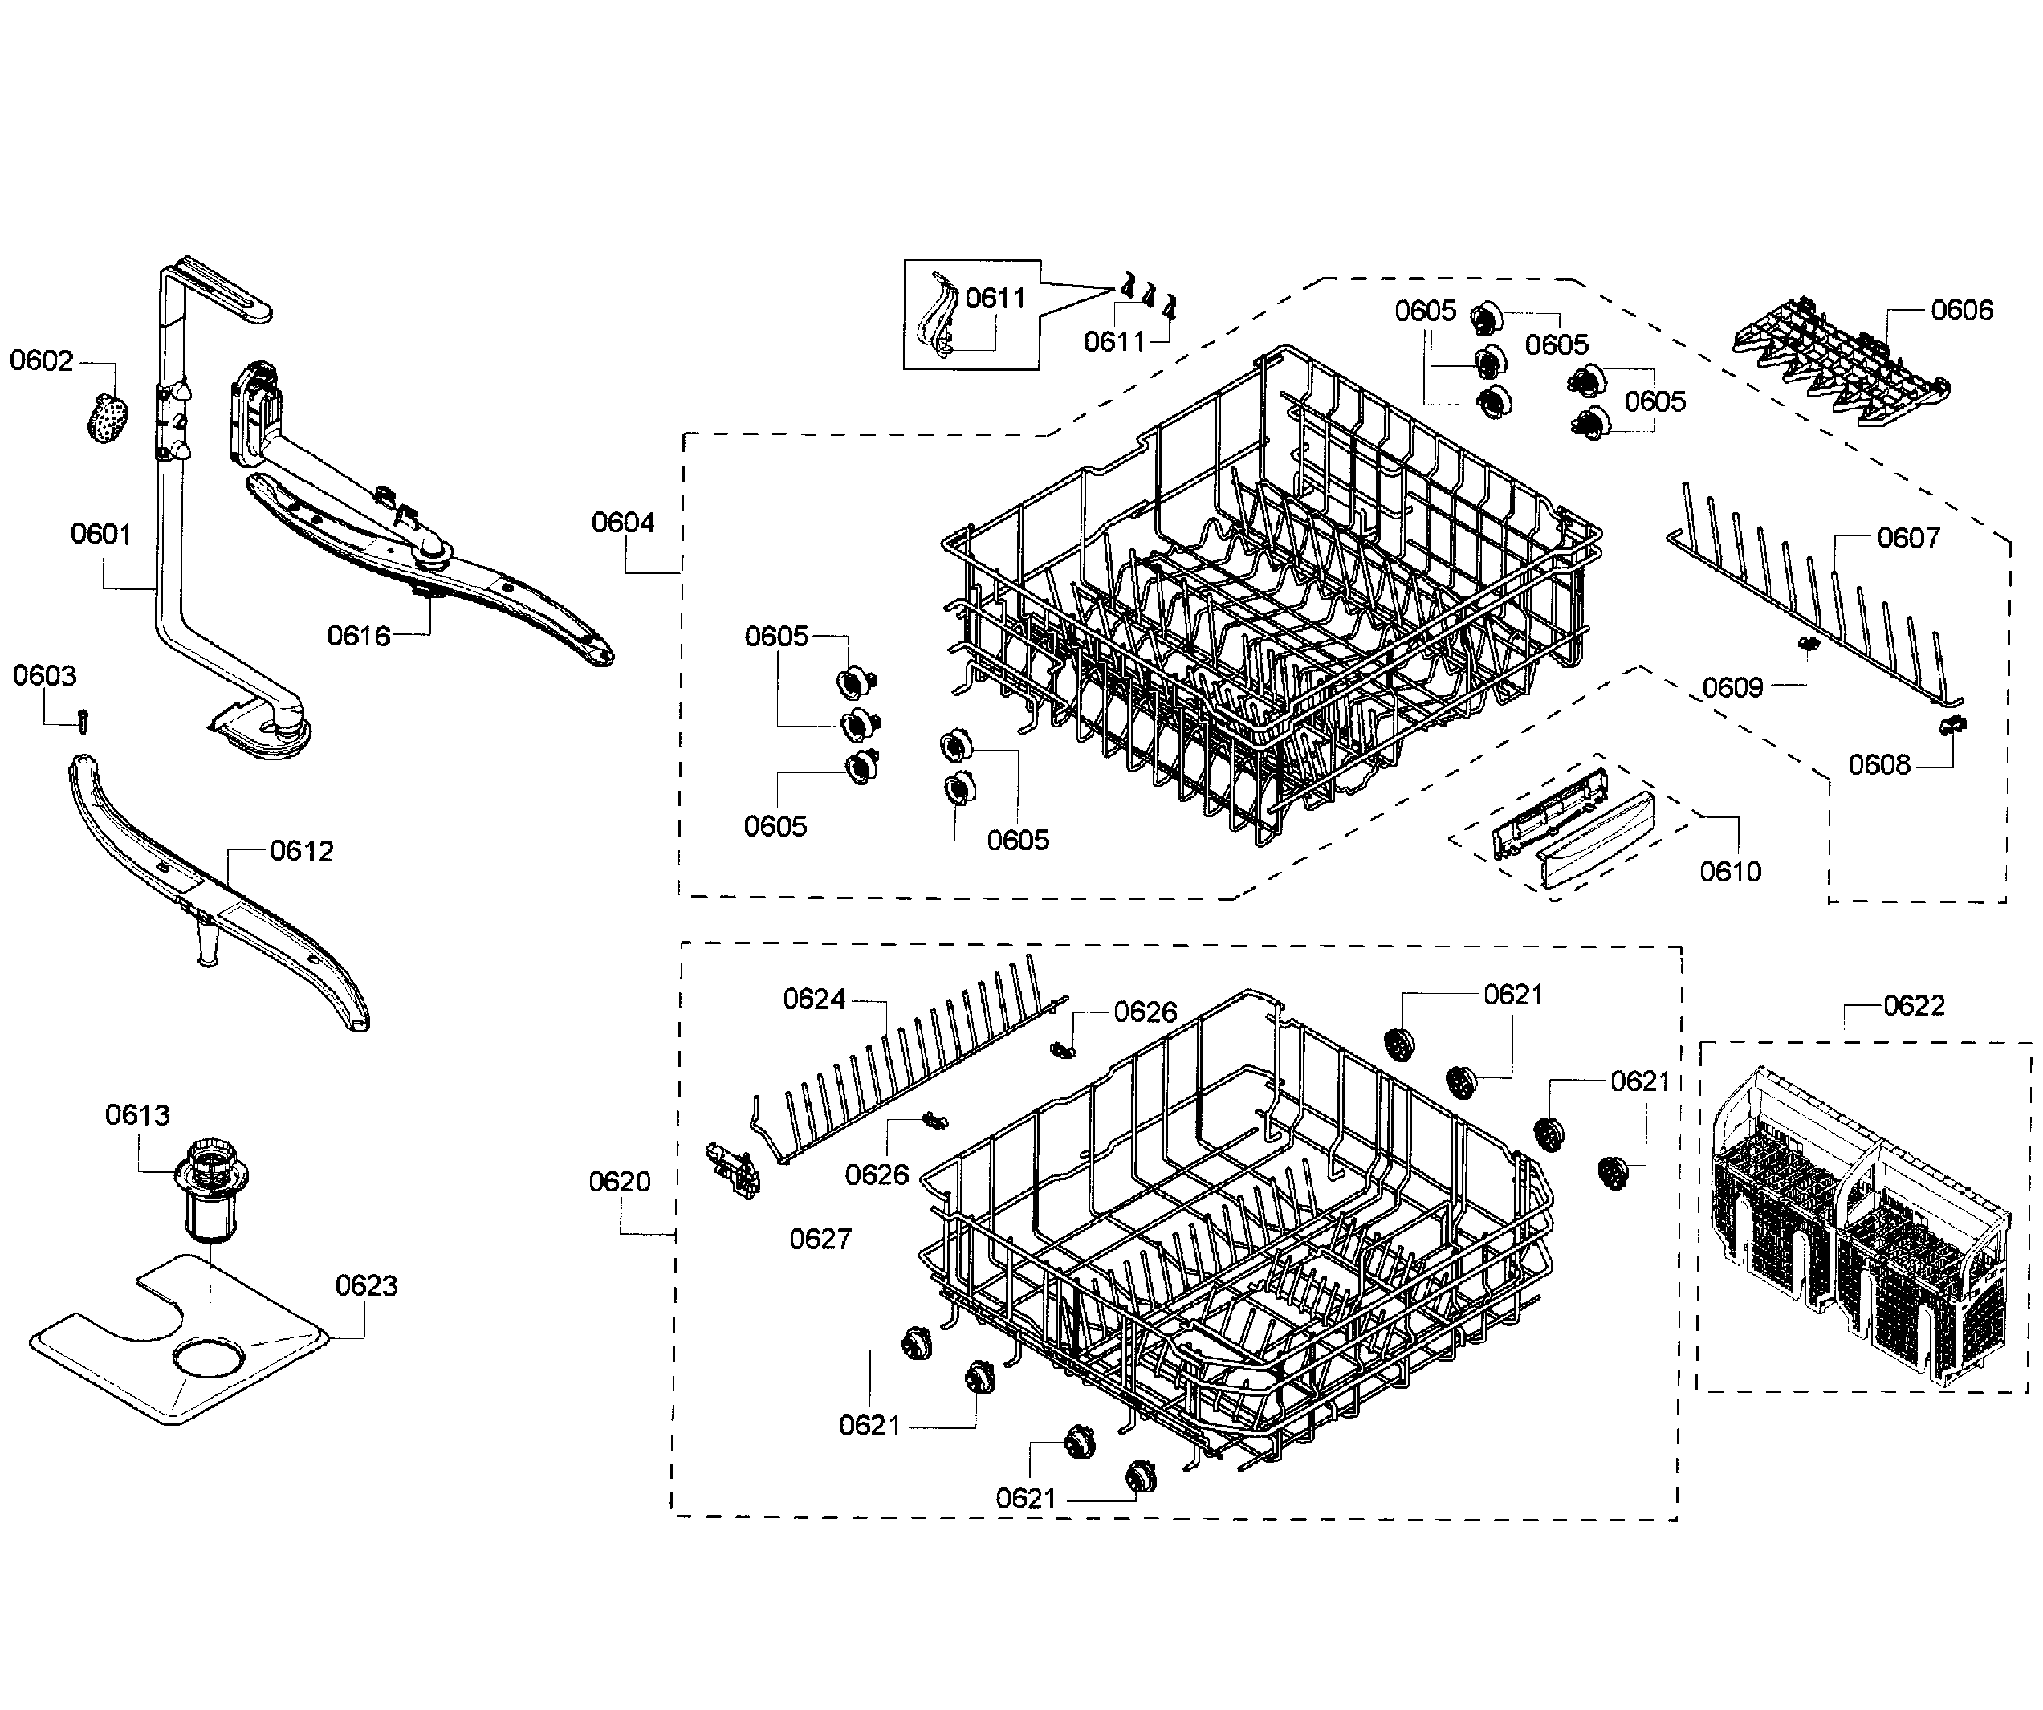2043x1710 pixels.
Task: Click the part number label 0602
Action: (41, 361)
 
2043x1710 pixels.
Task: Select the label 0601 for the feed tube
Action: (100, 534)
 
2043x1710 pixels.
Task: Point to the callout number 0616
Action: (358, 636)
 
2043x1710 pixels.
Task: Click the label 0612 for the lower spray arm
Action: (302, 851)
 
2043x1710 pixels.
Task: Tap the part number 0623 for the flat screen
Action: (367, 1286)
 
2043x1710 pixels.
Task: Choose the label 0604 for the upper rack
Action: (624, 523)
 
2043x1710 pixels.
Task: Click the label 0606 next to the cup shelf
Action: (1962, 311)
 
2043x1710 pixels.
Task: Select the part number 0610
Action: (1731, 872)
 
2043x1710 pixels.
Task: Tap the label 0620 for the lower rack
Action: (620, 1182)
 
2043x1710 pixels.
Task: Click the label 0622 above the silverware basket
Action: (1914, 1006)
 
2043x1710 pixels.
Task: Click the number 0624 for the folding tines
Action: (814, 1000)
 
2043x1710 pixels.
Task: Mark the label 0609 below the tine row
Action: (1732, 688)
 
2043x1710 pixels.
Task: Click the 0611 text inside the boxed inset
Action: (995, 299)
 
